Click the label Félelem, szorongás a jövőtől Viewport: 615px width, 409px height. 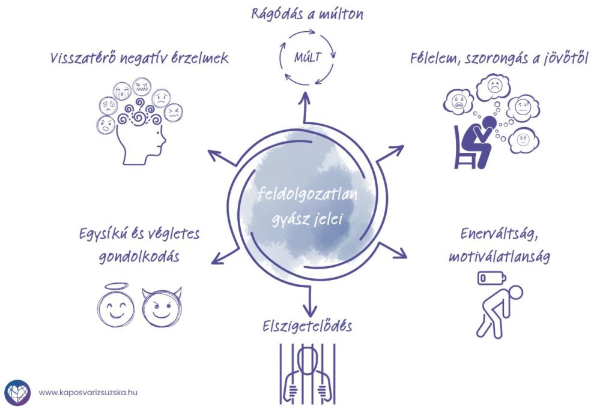pos(499,59)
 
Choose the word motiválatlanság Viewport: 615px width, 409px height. pos(500,257)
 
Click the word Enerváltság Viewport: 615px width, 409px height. pos(500,234)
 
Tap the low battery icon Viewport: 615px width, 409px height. pos(491,279)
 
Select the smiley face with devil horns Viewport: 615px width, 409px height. pos(161,306)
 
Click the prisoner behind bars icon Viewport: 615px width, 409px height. pos(308,372)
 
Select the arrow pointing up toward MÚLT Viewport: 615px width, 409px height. pos(306,108)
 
